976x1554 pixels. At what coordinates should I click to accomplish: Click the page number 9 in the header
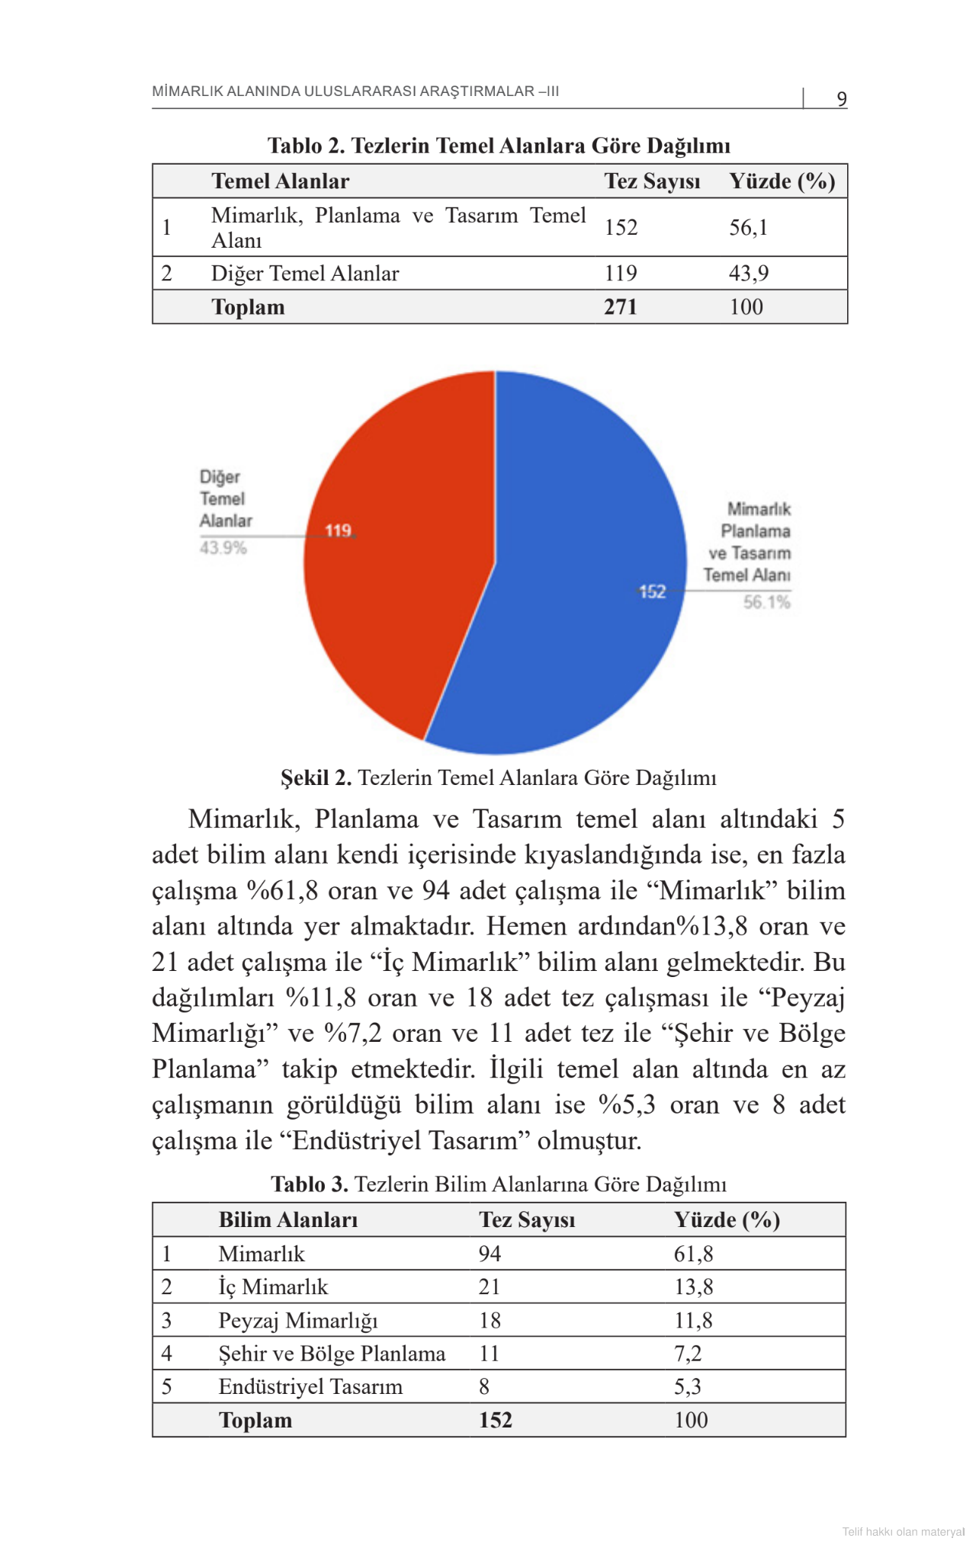(841, 99)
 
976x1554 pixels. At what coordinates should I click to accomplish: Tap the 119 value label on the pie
(338, 530)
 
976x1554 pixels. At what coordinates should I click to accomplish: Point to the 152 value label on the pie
(652, 591)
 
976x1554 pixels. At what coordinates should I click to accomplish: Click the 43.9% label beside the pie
(223, 548)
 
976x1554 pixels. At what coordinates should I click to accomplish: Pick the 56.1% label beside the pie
(766, 602)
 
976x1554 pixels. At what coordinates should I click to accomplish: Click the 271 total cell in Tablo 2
(620, 306)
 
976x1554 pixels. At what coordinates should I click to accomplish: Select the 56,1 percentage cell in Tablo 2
(748, 227)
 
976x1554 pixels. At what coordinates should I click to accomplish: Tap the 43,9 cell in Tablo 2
(748, 273)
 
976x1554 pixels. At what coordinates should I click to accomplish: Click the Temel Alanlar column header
(280, 181)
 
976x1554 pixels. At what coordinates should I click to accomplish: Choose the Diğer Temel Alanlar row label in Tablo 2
(304, 273)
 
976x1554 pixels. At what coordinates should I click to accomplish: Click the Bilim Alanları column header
(287, 1219)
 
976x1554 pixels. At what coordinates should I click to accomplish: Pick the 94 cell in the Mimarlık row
(490, 1254)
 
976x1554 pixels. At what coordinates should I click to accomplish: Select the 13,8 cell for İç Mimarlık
(693, 1286)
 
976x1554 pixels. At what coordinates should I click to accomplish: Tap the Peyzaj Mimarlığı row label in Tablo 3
(297, 1320)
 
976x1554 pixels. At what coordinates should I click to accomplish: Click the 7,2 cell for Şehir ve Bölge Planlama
(687, 1354)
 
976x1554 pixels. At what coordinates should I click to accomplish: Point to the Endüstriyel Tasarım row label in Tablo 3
(310, 1386)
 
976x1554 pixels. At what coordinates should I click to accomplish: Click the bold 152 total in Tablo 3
(495, 1420)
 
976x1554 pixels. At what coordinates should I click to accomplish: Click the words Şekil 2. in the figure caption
(316, 777)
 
